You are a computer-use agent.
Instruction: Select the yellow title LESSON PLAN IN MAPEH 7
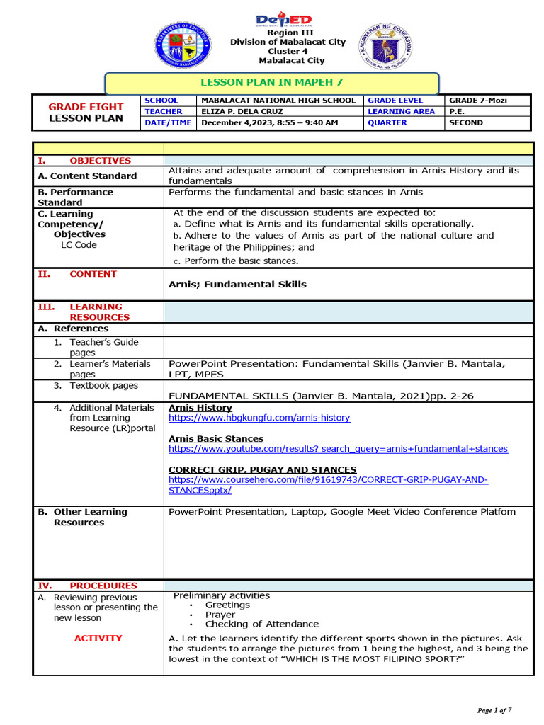272,83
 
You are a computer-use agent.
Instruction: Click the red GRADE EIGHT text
86,107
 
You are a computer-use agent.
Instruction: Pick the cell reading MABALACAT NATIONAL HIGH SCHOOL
278,101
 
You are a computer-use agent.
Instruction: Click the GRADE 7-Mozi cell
478,101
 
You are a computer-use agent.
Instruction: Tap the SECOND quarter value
466,122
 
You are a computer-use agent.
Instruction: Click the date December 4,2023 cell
270,122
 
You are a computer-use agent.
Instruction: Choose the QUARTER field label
387,122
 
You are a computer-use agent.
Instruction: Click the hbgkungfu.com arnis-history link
259,418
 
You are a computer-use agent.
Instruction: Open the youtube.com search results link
338,449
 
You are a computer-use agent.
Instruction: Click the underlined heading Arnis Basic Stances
216,438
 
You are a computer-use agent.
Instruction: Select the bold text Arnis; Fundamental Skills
237,284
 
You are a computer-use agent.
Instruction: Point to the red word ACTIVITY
98,639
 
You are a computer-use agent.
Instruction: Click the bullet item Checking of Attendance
261,624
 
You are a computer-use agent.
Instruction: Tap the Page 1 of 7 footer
494,710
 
